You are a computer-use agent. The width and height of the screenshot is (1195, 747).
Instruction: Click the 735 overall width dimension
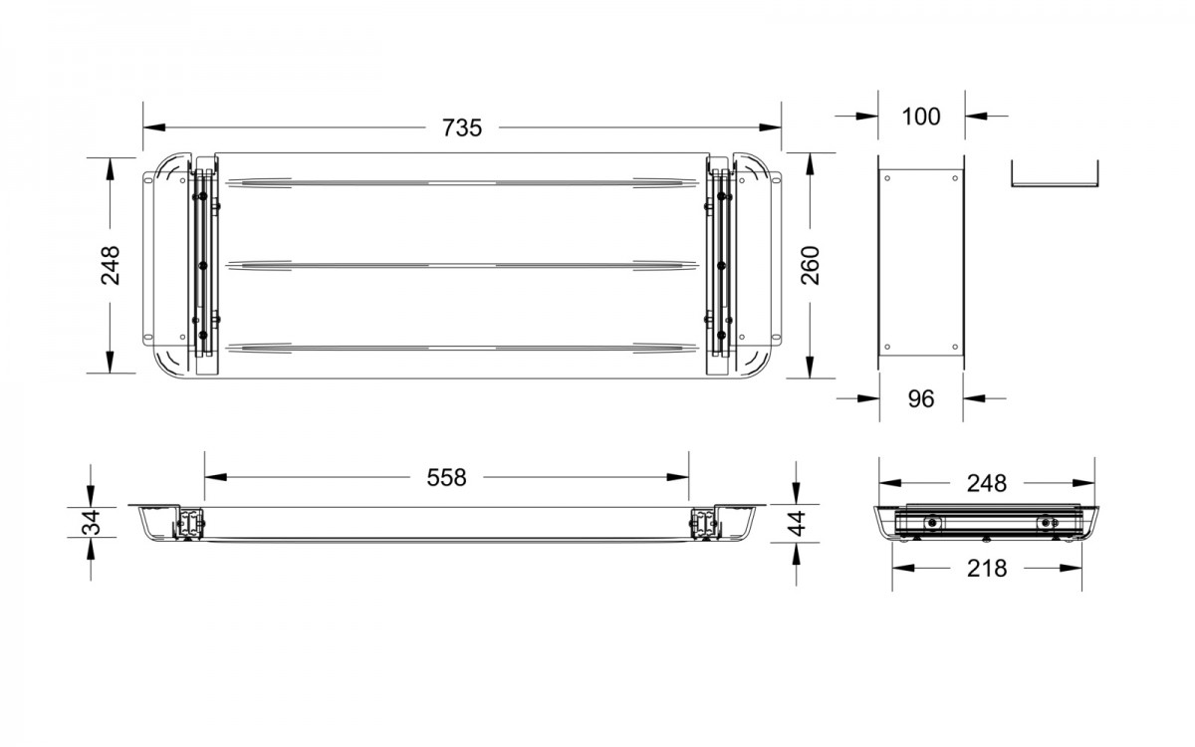[x=462, y=128]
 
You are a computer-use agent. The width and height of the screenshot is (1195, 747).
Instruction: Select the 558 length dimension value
[x=446, y=477]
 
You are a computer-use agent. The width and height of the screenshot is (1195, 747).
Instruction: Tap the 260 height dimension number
[x=810, y=265]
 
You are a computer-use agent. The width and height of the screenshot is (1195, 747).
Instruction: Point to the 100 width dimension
[x=921, y=117]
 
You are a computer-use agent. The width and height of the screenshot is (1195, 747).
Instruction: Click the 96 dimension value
[x=921, y=399]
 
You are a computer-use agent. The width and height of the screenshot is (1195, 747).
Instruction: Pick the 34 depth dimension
[x=92, y=522]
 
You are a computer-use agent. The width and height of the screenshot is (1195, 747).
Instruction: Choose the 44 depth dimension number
[x=797, y=524]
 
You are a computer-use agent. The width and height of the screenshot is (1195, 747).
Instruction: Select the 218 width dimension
[x=987, y=569]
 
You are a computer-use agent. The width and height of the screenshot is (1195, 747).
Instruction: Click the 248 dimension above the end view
[x=987, y=483]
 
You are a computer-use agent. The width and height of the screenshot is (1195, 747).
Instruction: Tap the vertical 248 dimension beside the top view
[x=111, y=265]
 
